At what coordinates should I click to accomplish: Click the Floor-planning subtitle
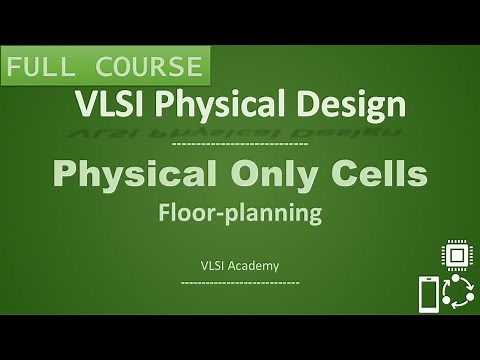point(239,212)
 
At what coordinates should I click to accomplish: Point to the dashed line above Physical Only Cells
point(239,146)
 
